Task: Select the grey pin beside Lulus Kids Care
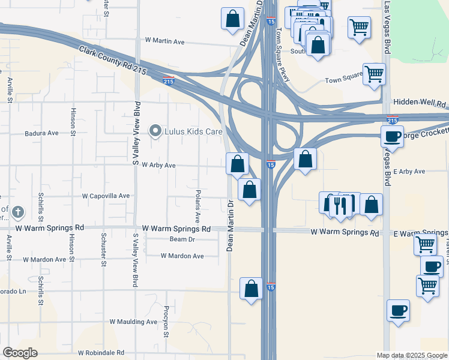click(x=156, y=131)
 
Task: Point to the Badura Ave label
click(x=41, y=133)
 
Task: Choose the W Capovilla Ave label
click(x=106, y=196)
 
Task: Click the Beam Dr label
click(x=182, y=239)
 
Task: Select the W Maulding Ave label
click(x=133, y=322)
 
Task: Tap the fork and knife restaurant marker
click(x=341, y=206)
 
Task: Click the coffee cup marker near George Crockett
click(x=393, y=136)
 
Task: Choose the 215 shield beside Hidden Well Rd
click(x=393, y=120)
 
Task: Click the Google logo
click(x=20, y=353)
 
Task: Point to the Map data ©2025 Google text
click(x=412, y=355)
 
